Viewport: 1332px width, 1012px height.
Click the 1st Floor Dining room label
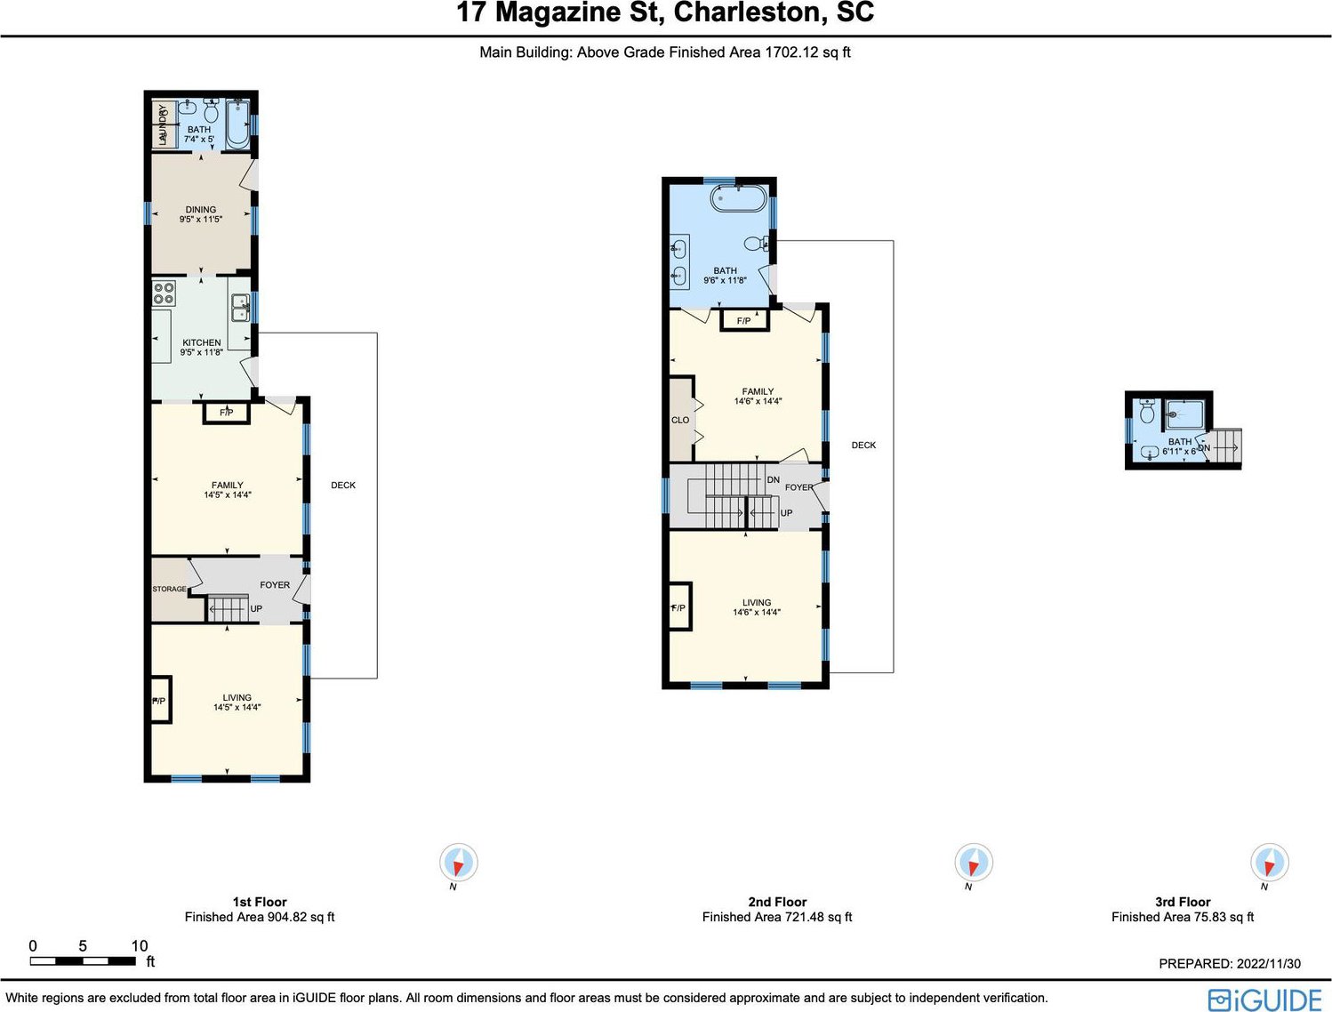point(201,209)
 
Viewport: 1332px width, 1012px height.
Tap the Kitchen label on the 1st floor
point(202,342)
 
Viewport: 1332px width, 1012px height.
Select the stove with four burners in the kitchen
point(164,293)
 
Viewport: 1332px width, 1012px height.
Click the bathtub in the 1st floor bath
point(237,125)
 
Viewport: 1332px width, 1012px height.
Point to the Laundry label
point(162,124)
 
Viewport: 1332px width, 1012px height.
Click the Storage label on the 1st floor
point(169,589)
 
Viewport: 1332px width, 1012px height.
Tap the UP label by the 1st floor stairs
point(256,608)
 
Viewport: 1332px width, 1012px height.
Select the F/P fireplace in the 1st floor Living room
point(161,700)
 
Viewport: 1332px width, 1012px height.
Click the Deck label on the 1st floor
point(343,485)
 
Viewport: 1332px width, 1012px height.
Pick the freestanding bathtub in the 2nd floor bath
point(739,198)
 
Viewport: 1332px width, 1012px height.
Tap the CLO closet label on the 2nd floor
point(680,420)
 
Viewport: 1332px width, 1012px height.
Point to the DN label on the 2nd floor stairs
point(773,479)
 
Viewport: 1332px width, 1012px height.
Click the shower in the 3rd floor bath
point(1185,414)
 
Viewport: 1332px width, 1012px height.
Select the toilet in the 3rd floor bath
point(1147,412)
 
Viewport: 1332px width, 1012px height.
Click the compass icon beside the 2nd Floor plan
point(974,862)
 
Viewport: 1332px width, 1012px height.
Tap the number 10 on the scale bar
point(140,945)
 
